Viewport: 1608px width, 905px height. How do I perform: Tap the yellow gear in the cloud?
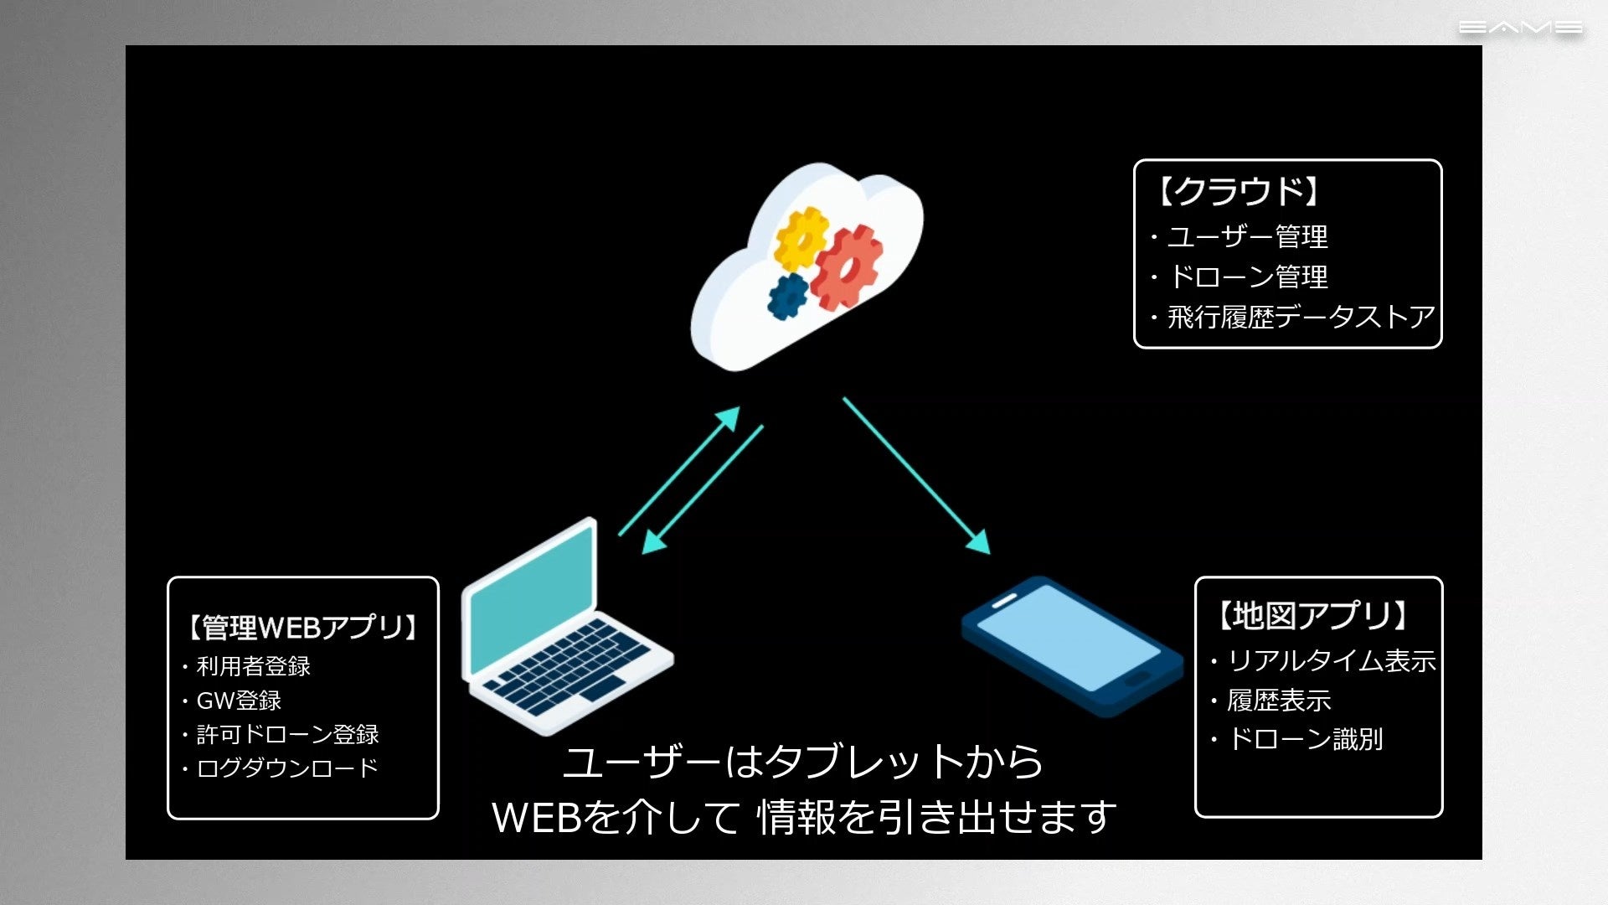pos(801,238)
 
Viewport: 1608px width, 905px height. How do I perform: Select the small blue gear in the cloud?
pos(788,296)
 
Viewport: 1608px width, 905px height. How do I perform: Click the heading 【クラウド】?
pos(1238,192)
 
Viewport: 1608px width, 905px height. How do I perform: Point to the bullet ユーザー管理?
pos(1246,237)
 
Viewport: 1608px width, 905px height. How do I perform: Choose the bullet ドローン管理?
pos(1246,277)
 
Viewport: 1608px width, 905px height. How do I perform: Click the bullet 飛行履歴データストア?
pos(1300,317)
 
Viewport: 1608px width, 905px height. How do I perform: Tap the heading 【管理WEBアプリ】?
pos(302,627)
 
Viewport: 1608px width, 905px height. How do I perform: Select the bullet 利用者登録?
pos(252,666)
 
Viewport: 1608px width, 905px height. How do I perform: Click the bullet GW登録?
pos(238,701)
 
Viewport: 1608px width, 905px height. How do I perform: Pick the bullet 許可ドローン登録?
pos(286,735)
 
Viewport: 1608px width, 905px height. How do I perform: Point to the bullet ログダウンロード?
pos(286,768)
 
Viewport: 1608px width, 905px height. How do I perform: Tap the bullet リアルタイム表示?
pos(1330,661)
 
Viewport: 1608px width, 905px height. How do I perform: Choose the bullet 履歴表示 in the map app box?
pos(1278,701)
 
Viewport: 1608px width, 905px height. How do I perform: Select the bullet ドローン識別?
pos(1304,739)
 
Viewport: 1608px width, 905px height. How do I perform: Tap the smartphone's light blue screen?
pos(1068,637)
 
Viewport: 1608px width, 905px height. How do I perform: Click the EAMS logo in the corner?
pos(1519,28)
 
